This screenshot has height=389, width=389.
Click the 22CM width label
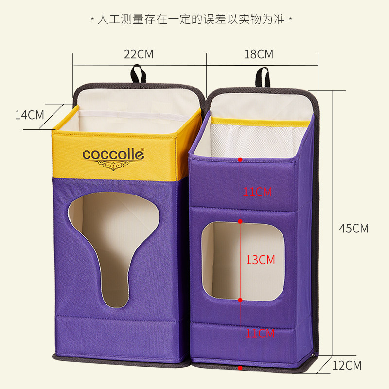point(139,54)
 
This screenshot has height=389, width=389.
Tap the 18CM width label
point(259,54)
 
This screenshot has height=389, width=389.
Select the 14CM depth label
point(29,115)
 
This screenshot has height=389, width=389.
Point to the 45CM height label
point(354,228)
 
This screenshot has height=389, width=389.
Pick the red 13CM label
point(260,260)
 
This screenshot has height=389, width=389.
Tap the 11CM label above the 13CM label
point(257,192)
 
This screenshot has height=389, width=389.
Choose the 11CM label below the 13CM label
point(260,334)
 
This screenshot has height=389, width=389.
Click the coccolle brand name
point(113,155)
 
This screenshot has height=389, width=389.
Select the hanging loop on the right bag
point(263,76)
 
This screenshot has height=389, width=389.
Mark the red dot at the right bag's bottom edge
point(240,368)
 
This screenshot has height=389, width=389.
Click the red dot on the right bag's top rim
point(240,159)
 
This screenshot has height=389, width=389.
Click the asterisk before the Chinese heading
point(92,20)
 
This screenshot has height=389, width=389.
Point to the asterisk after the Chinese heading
point(290,20)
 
